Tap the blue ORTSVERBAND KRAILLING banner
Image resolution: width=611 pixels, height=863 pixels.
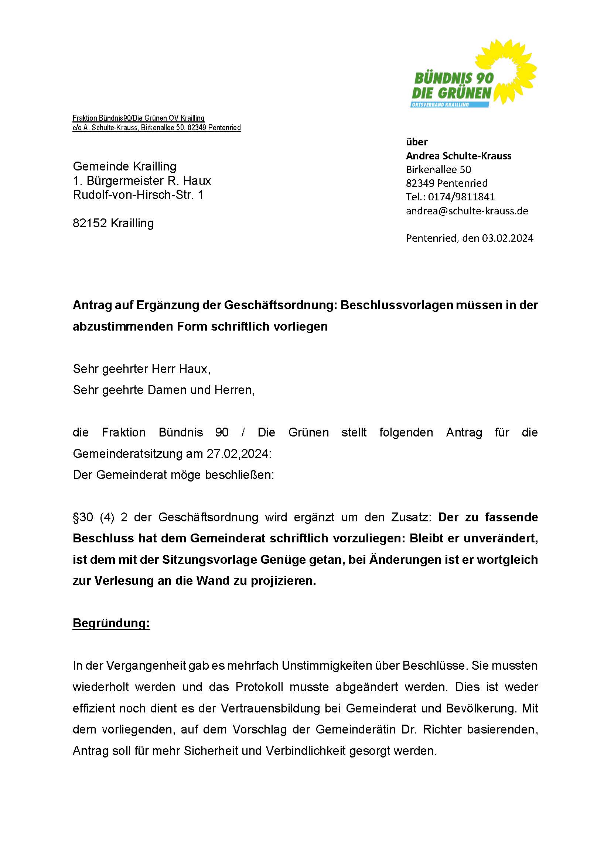pyautogui.click(x=450, y=104)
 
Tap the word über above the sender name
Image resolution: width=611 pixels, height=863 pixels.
pyautogui.click(x=417, y=142)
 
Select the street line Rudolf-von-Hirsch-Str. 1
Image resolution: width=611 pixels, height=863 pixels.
pyautogui.click(x=138, y=195)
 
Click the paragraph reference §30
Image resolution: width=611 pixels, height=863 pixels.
pyautogui.click(x=83, y=517)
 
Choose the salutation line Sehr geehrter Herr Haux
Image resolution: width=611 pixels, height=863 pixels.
pyautogui.click(x=141, y=369)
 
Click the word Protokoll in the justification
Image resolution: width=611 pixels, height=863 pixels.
pyautogui.click(x=260, y=687)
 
